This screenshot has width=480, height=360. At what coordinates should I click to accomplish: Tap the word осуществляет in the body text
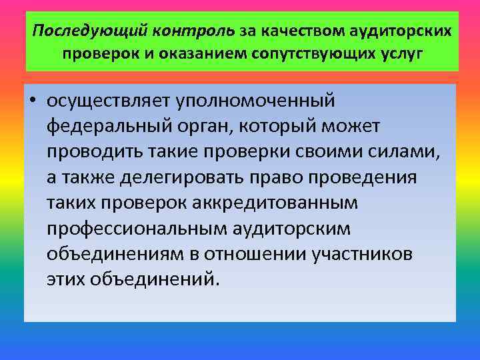[109, 101]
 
